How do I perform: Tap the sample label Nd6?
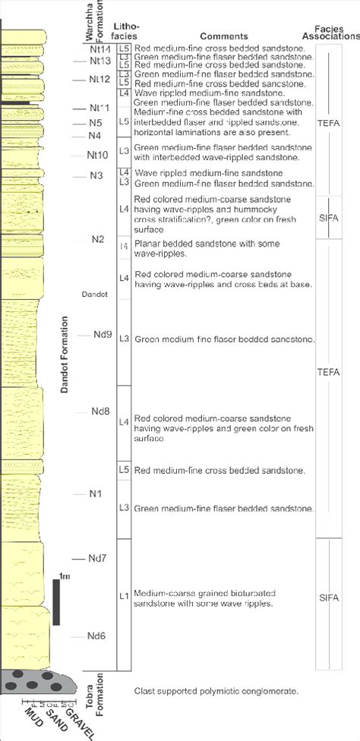(x=97, y=636)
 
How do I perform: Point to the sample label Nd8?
(x=101, y=412)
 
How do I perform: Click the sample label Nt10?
(x=97, y=155)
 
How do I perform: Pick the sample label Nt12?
(x=99, y=79)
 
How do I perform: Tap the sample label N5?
(x=95, y=122)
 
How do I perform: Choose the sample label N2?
(x=97, y=239)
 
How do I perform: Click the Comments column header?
(x=224, y=36)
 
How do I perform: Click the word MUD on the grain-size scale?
(x=32, y=717)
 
